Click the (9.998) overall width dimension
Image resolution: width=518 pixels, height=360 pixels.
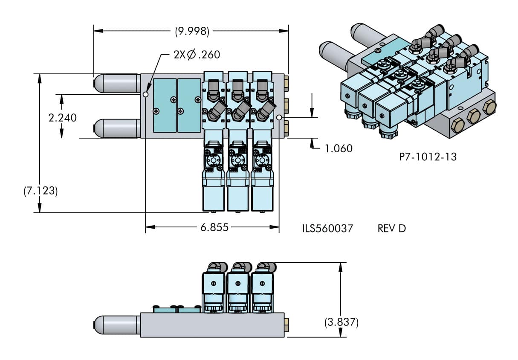click(x=192, y=31)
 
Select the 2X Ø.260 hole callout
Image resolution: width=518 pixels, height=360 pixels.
click(x=197, y=55)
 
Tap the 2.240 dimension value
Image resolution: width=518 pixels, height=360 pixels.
click(x=63, y=117)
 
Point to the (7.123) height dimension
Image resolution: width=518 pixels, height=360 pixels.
click(x=41, y=191)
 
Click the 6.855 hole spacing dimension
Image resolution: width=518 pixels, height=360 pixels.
click(x=214, y=227)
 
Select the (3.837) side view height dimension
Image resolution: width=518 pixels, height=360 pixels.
click(x=341, y=322)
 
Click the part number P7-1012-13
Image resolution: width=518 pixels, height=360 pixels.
click(x=428, y=157)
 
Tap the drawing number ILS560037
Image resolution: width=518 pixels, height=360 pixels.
click(x=327, y=228)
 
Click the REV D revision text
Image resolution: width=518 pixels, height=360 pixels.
click(x=391, y=228)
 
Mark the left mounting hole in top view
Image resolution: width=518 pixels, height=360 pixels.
click(x=146, y=95)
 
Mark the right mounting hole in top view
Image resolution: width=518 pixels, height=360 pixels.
click(x=279, y=117)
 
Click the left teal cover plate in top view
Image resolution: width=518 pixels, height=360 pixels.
click(x=165, y=105)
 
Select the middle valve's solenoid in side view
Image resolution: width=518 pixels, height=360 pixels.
click(x=237, y=284)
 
